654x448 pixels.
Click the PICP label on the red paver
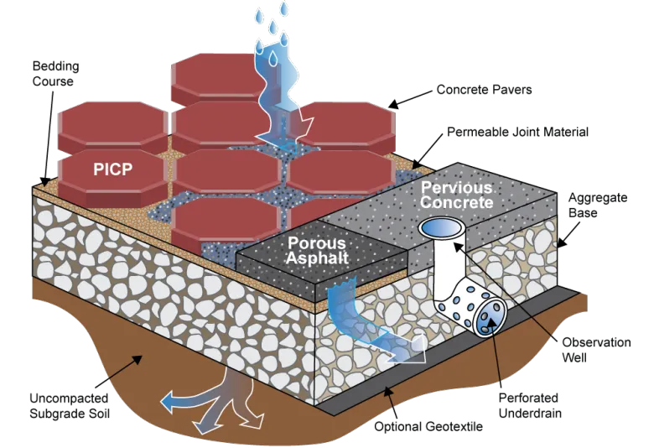click(117, 168)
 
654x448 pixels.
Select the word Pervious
click(456, 187)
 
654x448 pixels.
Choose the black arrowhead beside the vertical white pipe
click(459, 247)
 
